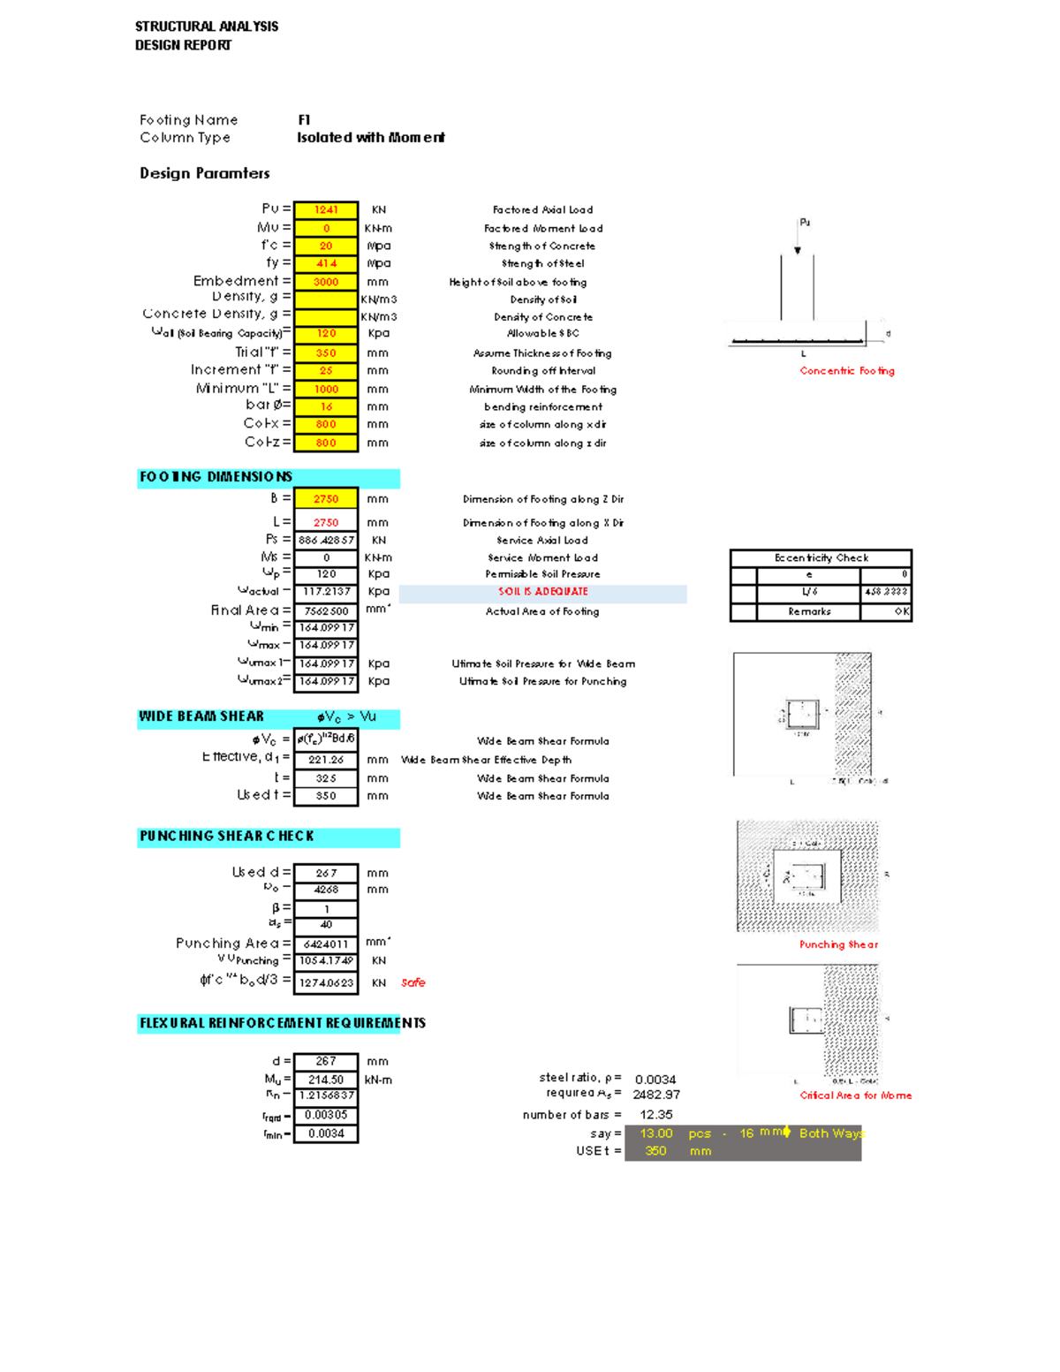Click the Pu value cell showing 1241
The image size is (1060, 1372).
point(326,210)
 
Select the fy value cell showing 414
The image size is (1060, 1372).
point(326,263)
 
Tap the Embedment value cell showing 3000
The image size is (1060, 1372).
point(326,282)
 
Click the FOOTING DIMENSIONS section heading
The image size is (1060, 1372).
point(216,477)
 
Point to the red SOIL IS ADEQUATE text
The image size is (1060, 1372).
point(542,592)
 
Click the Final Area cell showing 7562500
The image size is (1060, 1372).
point(326,611)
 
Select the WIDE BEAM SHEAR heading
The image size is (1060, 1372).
point(201,716)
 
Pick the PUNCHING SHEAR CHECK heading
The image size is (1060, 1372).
point(227,836)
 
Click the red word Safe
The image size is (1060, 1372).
point(413,982)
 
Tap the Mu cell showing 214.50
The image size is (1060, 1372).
point(326,1080)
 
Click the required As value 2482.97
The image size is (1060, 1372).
point(656,1095)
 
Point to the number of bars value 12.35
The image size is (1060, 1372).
point(656,1115)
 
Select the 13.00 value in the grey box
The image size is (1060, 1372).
point(656,1133)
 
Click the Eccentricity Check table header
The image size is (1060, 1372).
point(821,558)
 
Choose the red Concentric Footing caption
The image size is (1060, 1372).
point(847,371)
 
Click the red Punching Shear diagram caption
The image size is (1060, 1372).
point(838,944)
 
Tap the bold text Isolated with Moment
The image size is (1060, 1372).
point(370,138)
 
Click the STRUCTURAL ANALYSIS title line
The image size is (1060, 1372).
point(207,27)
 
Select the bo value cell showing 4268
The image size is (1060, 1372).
point(326,890)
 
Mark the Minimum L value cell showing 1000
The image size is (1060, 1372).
point(326,389)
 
